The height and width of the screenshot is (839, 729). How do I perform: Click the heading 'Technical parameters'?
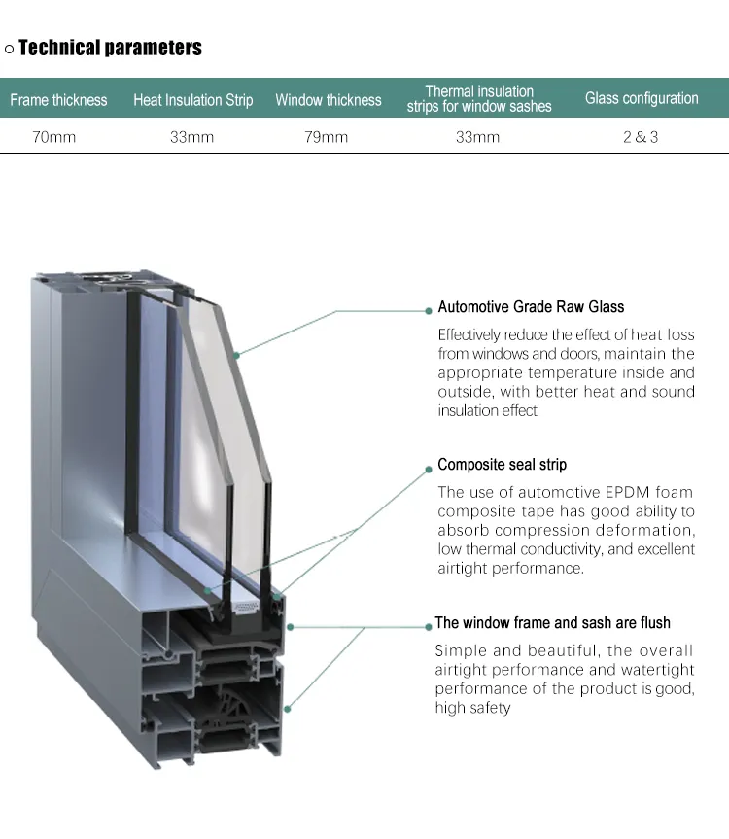pyautogui.click(x=110, y=48)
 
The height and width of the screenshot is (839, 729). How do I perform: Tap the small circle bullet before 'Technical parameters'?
pyautogui.click(x=9, y=50)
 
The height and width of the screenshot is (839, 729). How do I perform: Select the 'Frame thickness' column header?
pyautogui.click(x=58, y=100)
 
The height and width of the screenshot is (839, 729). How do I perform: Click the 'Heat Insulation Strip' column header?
pyautogui.click(x=193, y=100)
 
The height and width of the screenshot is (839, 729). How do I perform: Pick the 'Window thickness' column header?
pyautogui.click(x=329, y=100)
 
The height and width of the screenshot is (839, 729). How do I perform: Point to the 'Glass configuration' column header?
pyautogui.click(x=642, y=98)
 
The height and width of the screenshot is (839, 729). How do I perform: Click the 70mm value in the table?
pyautogui.click(x=54, y=137)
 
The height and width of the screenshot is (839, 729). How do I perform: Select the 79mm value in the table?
pyautogui.click(x=327, y=137)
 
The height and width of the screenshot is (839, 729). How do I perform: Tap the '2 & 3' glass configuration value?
pyautogui.click(x=641, y=137)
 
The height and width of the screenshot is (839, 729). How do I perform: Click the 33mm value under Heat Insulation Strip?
pyautogui.click(x=192, y=137)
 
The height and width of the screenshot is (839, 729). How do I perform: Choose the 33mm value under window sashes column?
pyautogui.click(x=477, y=137)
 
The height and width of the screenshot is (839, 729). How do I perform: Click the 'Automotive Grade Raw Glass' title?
pyautogui.click(x=531, y=306)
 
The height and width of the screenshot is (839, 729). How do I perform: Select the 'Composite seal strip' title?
pyautogui.click(x=503, y=464)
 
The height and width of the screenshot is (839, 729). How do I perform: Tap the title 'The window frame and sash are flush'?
pyautogui.click(x=552, y=622)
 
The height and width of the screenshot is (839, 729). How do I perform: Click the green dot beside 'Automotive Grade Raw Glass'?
pyautogui.click(x=429, y=311)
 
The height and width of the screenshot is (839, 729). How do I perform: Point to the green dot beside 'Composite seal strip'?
pyautogui.click(x=429, y=470)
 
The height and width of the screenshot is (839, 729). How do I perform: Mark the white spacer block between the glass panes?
pyautogui.click(x=246, y=608)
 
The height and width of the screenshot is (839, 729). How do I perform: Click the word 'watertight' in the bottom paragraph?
pyautogui.click(x=657, y=670)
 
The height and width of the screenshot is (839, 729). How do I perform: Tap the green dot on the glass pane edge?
pyautogui.click(x=236, y=355)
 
